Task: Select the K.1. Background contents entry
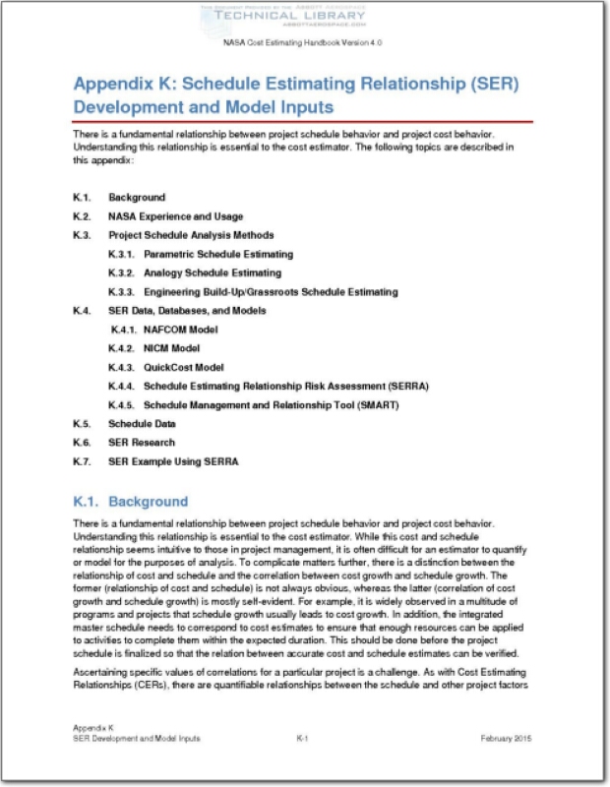point(137,198)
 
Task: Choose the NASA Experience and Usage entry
point(176,216)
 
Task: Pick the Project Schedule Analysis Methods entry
point(191,236)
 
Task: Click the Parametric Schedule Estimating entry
point(217,255)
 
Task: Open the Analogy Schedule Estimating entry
point(212,272)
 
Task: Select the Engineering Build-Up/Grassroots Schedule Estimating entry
point(271,292)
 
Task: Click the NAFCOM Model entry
point(180,330)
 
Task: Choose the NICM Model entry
point(171,348)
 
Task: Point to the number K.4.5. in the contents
point(123,404)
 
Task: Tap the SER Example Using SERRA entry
point(172,461)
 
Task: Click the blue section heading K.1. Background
point(130,501)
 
